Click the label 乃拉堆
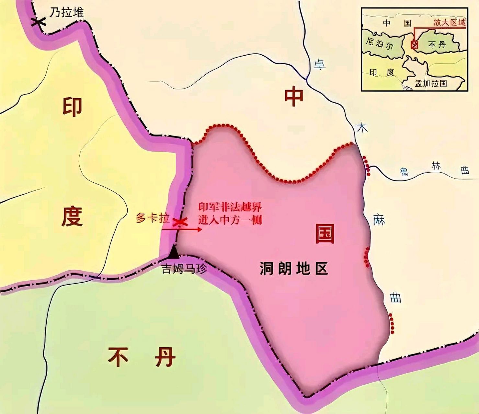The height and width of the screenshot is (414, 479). (67, 13)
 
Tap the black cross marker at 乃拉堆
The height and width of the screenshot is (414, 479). (38, 22)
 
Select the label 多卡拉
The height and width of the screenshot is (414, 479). (153, 218)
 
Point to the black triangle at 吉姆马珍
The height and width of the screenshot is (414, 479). (174, 252)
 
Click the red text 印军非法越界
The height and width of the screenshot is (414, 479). (230, 207)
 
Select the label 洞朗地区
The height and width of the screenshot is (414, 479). (294, 269)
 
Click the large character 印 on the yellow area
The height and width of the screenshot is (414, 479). (72, 107)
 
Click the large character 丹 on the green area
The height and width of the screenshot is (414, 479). (165, 357)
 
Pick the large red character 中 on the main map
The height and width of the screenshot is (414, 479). (294, 96)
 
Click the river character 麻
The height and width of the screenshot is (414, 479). (379, 220)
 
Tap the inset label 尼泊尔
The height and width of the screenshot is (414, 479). (379, 44)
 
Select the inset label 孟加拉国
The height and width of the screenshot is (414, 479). (431, 83)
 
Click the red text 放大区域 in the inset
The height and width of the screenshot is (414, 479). (450, 22)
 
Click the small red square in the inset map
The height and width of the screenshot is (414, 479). (414, 45)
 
